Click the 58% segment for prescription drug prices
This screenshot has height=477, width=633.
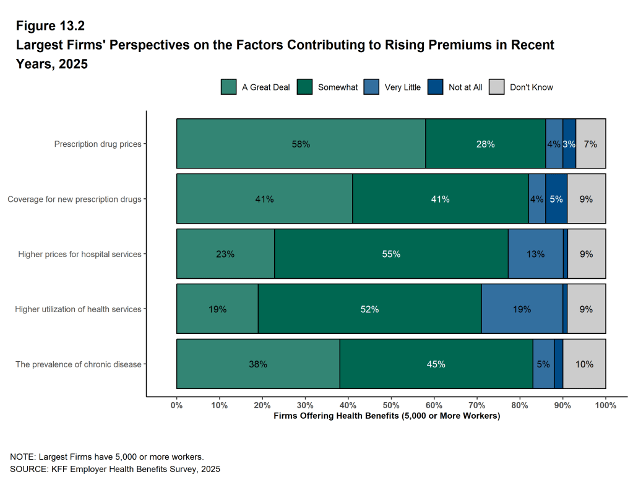tap(301, 144)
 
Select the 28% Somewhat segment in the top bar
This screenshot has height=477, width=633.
tap(485, 144)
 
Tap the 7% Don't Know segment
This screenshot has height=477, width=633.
tap(590, 144)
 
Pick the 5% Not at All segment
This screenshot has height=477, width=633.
tap(556, 199)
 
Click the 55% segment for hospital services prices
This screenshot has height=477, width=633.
tap(391, 254)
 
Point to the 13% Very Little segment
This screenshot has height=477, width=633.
tap(535, 254)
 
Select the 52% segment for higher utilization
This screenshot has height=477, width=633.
tap(369, 309)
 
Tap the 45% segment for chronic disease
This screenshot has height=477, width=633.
tap(436, 364)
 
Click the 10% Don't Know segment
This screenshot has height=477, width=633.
tap(584, 364)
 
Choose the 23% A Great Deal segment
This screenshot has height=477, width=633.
tap(225, 254)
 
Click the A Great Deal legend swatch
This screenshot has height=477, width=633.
tap(228, 87)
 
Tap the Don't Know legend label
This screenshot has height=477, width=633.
tap(531, 87)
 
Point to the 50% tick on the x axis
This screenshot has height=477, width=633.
tap(391, 405)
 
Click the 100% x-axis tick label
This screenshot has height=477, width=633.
tap(605, 405)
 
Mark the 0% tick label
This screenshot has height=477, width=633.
tap(177, 405)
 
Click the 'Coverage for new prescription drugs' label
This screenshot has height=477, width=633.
tap(74, 199)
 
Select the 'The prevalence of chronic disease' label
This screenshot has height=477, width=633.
tap(79, 364)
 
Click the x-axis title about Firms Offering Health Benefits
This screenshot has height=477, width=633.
tap(386, 416)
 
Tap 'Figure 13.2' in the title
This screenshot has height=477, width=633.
tap(50, 26)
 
